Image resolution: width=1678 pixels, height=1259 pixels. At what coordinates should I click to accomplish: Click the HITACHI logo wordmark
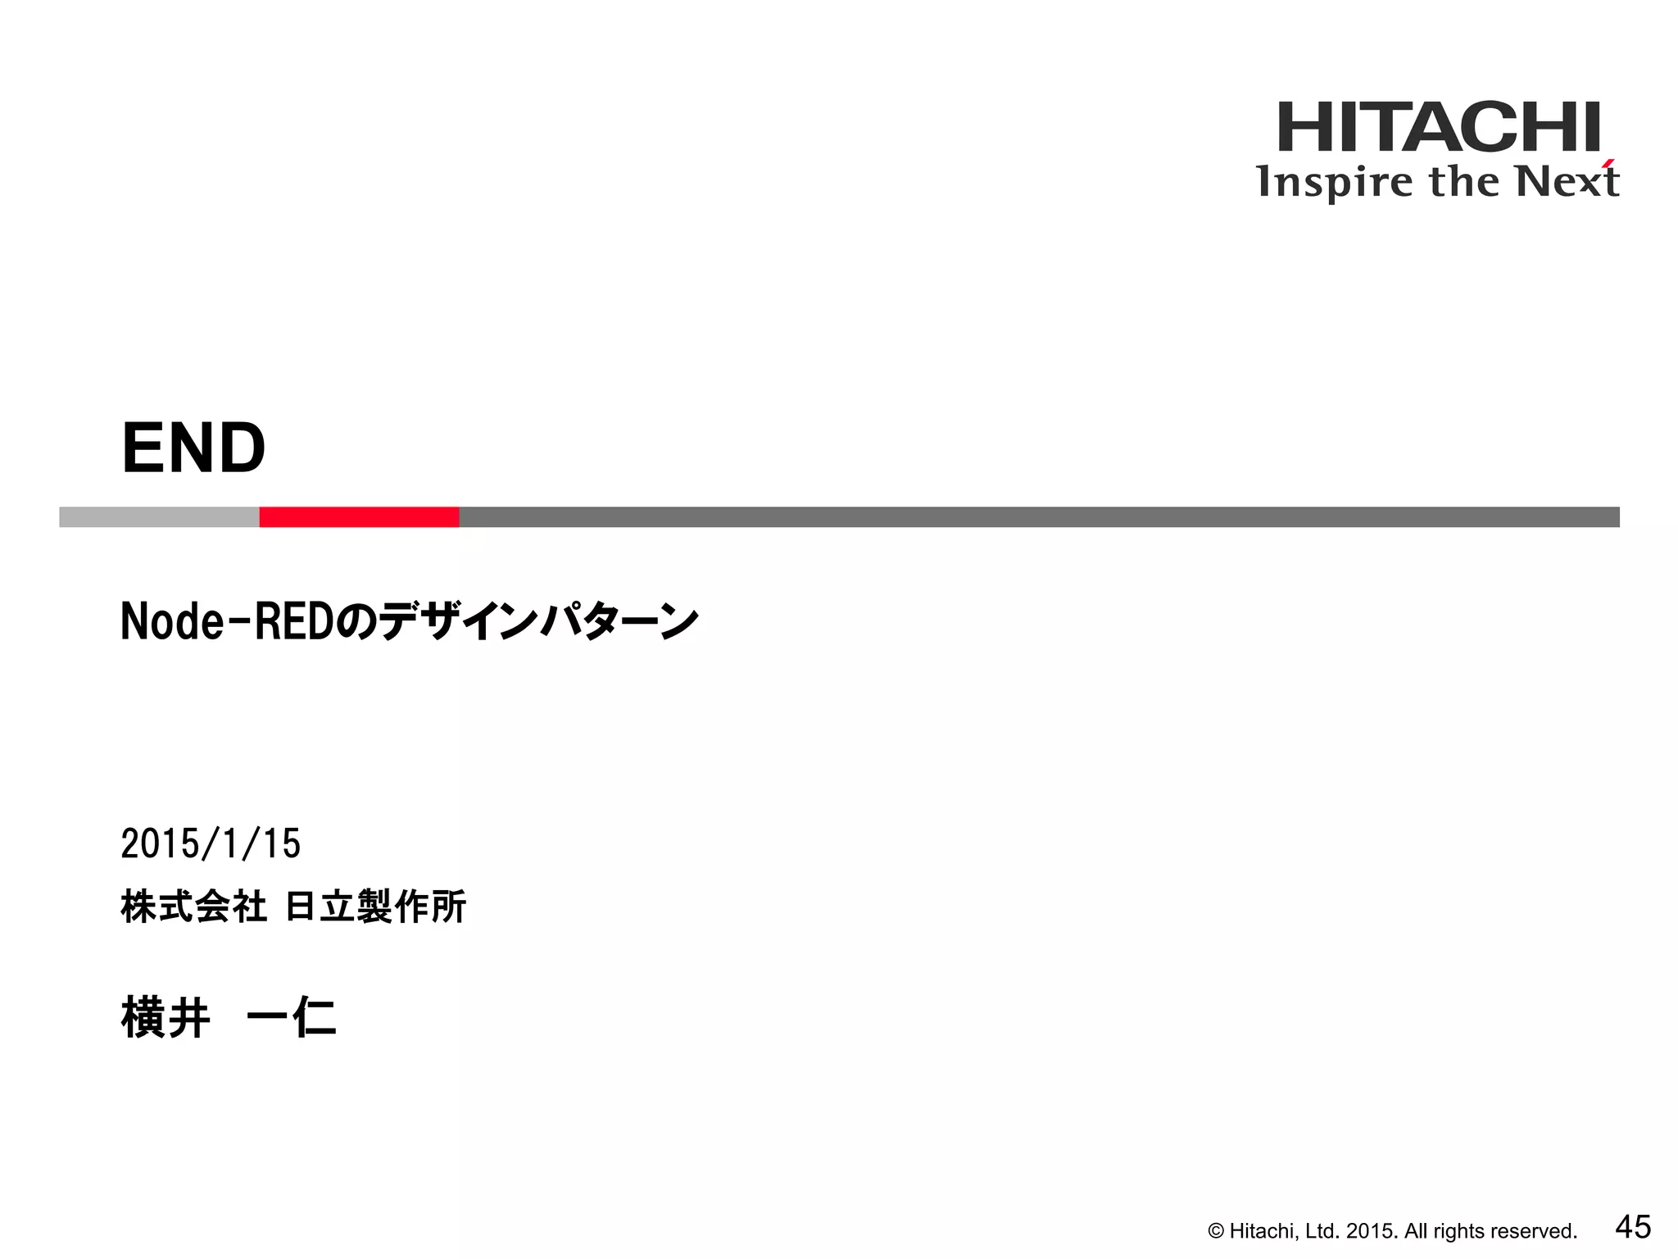point(1439,128)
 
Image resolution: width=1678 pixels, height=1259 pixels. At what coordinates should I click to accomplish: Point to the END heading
point(193,448)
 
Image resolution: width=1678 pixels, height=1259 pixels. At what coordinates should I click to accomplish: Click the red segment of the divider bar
point(359,517)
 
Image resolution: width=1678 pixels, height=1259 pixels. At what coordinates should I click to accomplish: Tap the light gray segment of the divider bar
point(159,517)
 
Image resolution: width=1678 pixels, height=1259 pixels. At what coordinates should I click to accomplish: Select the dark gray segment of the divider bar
point(1039,517)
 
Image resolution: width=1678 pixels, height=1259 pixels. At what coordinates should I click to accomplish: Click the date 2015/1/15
point(211,844)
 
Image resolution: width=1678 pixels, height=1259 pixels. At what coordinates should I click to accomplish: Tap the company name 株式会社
point(193,907)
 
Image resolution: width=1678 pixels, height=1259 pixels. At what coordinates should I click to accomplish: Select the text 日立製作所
point(376,907)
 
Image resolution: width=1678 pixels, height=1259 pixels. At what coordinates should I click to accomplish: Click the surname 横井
point(166,1018)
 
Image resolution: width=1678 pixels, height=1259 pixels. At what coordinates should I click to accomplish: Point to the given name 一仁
point(291,1018)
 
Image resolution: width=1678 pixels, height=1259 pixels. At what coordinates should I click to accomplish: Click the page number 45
point(1633,1227)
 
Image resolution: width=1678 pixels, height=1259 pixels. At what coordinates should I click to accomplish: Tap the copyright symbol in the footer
point(1216,1231)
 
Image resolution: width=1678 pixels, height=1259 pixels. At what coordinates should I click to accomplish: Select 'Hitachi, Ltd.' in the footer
point(1285,1231)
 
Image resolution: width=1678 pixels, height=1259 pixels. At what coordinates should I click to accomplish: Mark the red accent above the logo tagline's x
point(1609,162)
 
